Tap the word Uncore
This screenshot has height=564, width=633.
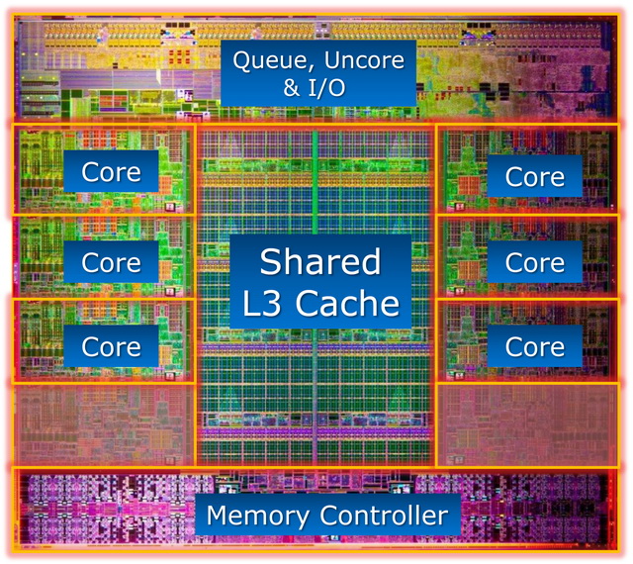pyautogui.click(x=364, y=59)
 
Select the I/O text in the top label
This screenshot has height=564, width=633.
pyautogui.click(x=327, y=87)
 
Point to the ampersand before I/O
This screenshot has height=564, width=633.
pyautogui.click(x=292, y=88)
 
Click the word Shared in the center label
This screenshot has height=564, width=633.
pyautogui.click(x=320, y=261)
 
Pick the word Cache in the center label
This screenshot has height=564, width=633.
pyautogui.click(x=347, y=303)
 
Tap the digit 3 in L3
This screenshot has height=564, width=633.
pyautogui.click(x=272, y=303)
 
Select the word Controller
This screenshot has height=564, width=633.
pyautogui.click(x=384, y=516)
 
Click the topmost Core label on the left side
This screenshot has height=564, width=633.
pyautogui.click(x=111, y=172)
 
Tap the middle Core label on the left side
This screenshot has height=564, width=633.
pyautogui.click(x=111, y=262)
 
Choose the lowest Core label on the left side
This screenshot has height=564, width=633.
pyautogui.click(x=111, y=346)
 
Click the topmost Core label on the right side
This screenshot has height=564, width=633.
pyautogui.click(x=535, y=177)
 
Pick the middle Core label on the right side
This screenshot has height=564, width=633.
pyautogui.click(x=535, y=262)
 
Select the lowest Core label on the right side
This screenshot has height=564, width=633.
pyautogui.click(x=535, y=346)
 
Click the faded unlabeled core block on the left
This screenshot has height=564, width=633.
pyautogui.click(x=104, y=425)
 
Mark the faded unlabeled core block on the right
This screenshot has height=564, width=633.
pyautogui.click(x=528, y=425)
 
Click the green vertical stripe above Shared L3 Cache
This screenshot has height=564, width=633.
pyautogui.click(x=315, y=182)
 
